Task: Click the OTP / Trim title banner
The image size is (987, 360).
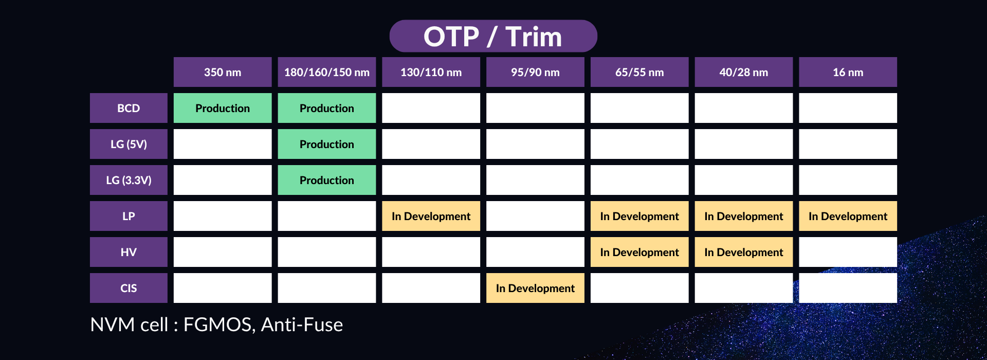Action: [493, 36]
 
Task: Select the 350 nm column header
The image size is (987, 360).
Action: [223, 72]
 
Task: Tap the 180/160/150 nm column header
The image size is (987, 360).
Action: [327, 72]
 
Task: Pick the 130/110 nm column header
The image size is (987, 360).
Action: [431, 72]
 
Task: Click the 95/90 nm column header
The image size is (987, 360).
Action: [535, 72]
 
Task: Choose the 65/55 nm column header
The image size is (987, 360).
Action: [639, 72]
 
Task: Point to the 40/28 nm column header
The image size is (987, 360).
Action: [744, 72]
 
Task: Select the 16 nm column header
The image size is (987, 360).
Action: [848, 72]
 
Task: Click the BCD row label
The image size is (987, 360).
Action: [129, 108]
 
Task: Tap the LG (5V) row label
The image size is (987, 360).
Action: [129, 144]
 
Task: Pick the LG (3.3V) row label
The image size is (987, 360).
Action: [129, 180]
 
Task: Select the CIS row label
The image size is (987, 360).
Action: [129, 288]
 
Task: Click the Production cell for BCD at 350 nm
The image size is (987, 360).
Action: [223, 108]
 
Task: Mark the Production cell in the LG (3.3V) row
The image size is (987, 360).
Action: [327, 180]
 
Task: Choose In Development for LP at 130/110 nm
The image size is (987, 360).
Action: [431, 216]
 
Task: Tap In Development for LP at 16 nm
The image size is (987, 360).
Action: [848, 216]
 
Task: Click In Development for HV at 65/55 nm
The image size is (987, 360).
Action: [639, 252]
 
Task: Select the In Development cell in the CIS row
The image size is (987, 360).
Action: [535, 288]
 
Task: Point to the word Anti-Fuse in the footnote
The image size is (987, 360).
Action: [302, 325]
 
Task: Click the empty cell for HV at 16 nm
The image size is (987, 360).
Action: [848, 252]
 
